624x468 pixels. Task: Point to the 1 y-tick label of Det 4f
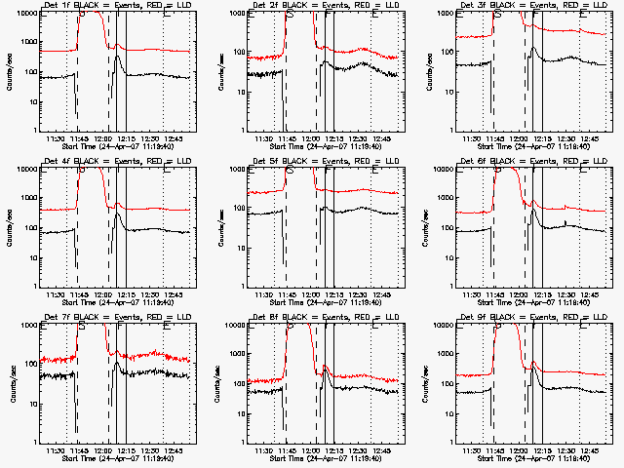35,286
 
